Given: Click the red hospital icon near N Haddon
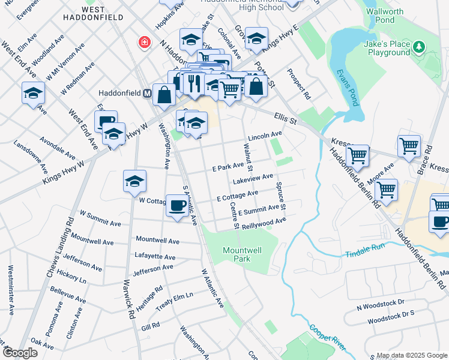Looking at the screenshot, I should [x=144, y=42].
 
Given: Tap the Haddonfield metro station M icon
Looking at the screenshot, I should [x=146, y=94].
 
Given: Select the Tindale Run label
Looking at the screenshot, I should [x=364, y=254].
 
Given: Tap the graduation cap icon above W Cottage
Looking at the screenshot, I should [x=134, y=181].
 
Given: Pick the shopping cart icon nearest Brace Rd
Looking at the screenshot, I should [x=409, y=146].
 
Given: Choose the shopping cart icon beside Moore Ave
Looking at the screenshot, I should [x=387, y=190].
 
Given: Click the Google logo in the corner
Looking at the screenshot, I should [x=19, y=353].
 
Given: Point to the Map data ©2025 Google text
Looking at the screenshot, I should [x=411, y=355].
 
